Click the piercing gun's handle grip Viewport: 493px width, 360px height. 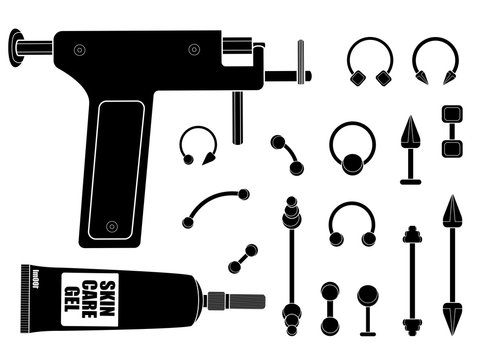[x=117, y=170]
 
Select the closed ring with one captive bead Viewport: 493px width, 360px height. [x=352, y=146]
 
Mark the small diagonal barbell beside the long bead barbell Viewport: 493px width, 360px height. [x=242, y=258]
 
